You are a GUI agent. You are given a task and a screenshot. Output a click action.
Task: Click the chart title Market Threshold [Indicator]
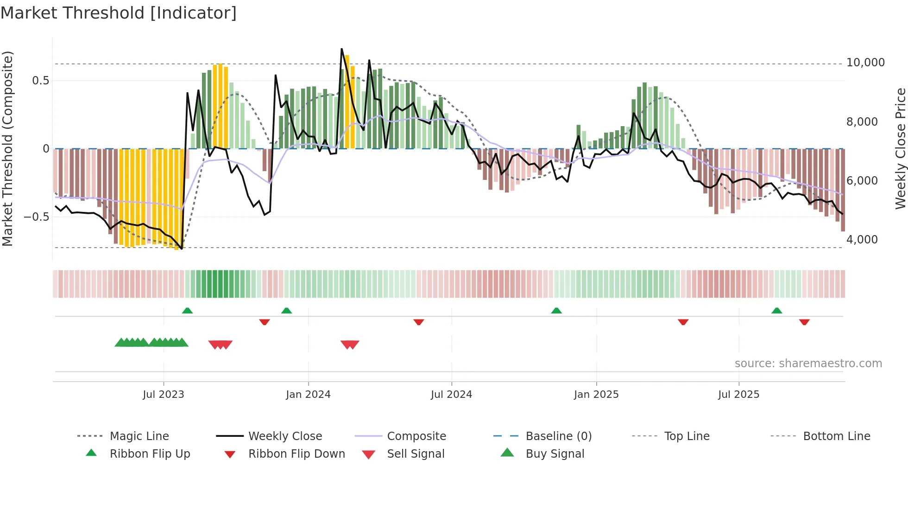tap(119, 13)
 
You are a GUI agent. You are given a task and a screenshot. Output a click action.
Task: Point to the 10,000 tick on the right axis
tap(865, 63)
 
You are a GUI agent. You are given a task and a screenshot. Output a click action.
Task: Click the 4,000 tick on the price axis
tap(862, 240)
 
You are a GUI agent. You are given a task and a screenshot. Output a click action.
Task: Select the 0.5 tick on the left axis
tap(40, 81)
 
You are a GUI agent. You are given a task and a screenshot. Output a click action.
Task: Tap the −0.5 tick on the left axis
tap(36, 217)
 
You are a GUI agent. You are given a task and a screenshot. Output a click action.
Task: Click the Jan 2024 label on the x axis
tap(308, 395)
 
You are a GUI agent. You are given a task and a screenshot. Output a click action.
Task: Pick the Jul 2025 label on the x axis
tap(738, 395)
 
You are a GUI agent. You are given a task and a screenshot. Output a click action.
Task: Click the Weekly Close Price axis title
tap(900, 148)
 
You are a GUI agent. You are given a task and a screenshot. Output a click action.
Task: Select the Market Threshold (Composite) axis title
tap(7, 148)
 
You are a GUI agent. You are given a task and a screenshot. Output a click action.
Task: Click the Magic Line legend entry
tap(139, 436)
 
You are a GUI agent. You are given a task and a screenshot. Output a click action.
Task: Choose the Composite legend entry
tap(416, 436)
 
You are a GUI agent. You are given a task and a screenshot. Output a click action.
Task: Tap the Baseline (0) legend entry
tap(558, 436)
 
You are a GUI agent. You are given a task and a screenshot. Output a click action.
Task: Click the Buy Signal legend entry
tap(555, 454)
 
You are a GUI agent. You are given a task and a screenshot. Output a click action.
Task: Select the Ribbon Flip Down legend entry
tap(296, 454)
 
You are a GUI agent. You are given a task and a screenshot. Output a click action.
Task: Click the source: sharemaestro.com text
tap(808, 364)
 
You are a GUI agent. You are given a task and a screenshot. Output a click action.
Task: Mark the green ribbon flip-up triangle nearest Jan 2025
tap(556, 311)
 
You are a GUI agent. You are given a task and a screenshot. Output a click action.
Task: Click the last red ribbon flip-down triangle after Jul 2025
tap(804, 322)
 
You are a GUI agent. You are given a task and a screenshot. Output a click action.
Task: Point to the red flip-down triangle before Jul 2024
tap(419, 322)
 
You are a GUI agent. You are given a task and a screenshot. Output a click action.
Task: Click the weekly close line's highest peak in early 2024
tap(342, 49)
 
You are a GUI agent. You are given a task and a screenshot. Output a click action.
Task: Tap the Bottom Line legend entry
tap(836, 436)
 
